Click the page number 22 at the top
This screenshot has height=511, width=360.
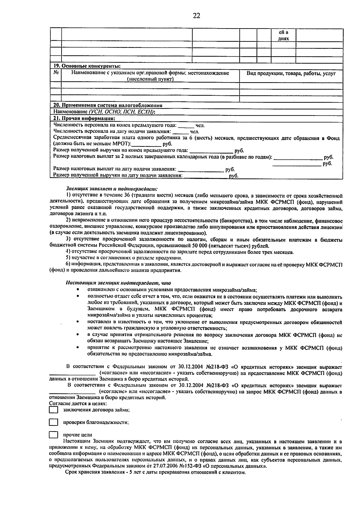click(196, 16)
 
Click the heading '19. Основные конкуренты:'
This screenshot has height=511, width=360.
click(87, 66)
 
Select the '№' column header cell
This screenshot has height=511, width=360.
click(56, 73)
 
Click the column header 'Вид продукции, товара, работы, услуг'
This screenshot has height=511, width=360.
click(291, 73)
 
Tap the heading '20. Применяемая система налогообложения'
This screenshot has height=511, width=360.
click(108, 105)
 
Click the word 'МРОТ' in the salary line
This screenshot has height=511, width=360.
click(121, 144)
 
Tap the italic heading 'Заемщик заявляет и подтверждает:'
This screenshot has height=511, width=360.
click(111, 189)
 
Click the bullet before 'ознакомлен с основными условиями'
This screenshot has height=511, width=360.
click(78, 290)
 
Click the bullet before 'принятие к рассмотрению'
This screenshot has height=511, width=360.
click(78, 348)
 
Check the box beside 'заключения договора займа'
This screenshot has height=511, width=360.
click(53, 410)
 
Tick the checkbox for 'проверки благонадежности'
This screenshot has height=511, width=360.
click(53, 422)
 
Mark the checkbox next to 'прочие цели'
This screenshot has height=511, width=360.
click(53, 435)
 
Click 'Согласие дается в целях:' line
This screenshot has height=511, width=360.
click(78, 404)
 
